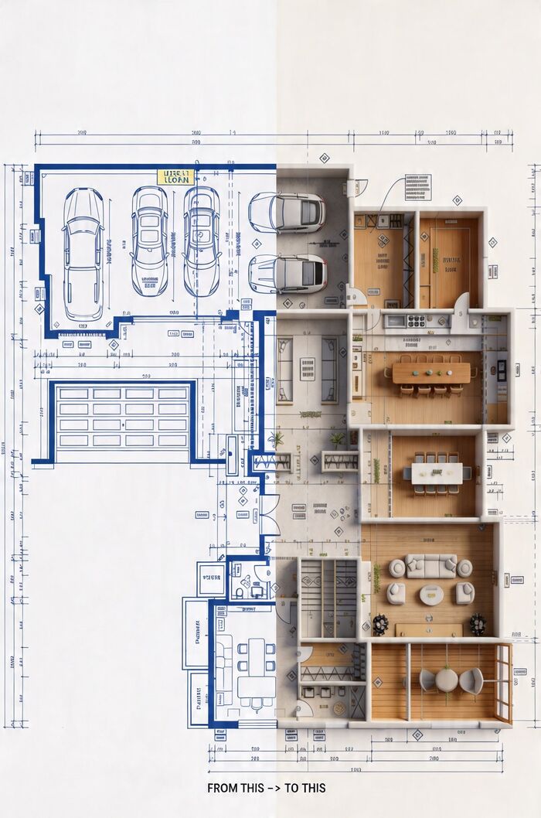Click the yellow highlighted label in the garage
click(x=173, y=177)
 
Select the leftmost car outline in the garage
click(x=83, y=253)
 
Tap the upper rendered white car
click(x=287, y=212)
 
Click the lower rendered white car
click(x=288, y=273)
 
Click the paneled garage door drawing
click(x=123, y=417)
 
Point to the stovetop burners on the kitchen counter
click(x=417, y=321)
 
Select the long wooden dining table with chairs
click(x=430, y=373)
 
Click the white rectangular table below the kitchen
click(x=436, y=472)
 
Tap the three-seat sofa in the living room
click(x=430, y=566)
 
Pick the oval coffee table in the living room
click(x=431, y=595)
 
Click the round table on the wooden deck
click(x=447, y=680)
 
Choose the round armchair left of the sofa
click(x=397, y=568)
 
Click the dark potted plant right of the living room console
click(x=478, y=623)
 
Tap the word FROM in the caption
click(x=223, y=788)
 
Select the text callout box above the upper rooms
click(x=417, y=187)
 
